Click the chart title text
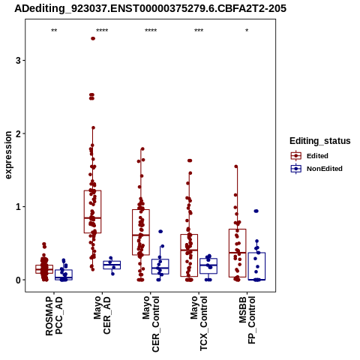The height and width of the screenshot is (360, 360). point(150,8)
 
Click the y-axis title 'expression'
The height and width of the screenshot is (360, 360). point(8,155)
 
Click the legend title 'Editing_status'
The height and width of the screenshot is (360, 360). point(320,141)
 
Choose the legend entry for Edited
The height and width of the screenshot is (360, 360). point(310,156)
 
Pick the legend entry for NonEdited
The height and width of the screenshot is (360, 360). point(316,169)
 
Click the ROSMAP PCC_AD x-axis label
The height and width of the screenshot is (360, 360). point(54,316)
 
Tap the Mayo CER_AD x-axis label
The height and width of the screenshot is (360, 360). point(102,315)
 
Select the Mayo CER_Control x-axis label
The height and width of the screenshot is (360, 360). point(151,324)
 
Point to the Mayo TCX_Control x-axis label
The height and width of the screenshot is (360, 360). point(199,323)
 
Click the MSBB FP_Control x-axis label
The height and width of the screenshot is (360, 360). point(247,320)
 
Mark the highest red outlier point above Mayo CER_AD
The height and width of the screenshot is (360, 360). point(93,38)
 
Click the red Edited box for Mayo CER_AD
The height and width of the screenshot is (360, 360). point(92,211)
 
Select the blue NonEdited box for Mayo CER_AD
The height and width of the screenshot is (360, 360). point(112,265)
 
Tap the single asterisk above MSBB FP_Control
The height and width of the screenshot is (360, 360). point(247,31)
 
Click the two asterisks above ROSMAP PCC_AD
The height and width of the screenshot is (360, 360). point(54,31)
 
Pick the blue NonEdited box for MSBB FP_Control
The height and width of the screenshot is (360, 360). point(256,266)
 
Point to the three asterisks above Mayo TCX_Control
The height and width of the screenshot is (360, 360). point(199,31)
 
